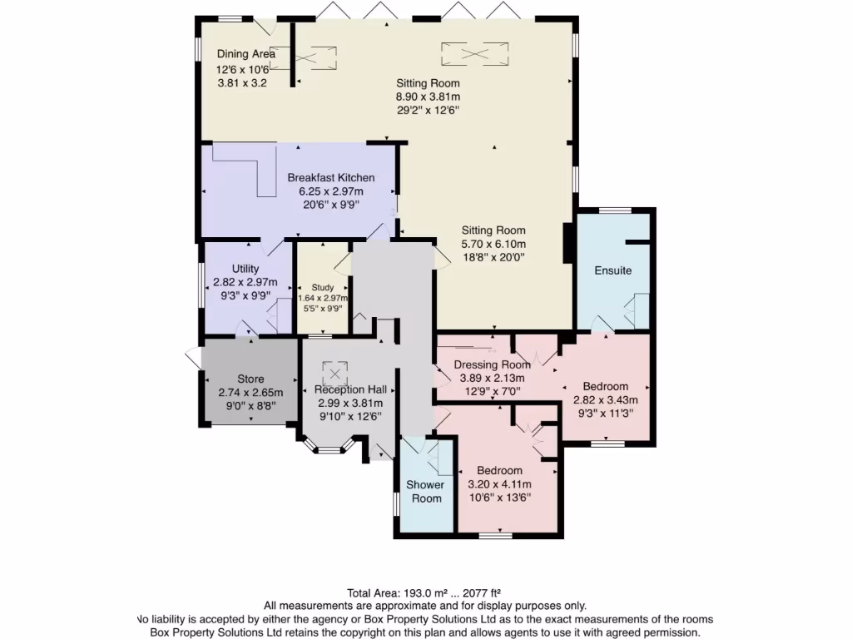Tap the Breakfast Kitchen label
331,177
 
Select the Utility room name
245,269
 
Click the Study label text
323,287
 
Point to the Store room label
250,379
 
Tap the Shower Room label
424,491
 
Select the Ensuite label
612,270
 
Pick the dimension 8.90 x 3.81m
428,97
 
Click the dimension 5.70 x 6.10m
494,244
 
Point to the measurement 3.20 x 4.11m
499,484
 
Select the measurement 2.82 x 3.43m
605,400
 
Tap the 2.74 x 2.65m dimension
250,393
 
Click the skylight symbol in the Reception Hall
335,370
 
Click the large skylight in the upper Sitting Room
473,53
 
